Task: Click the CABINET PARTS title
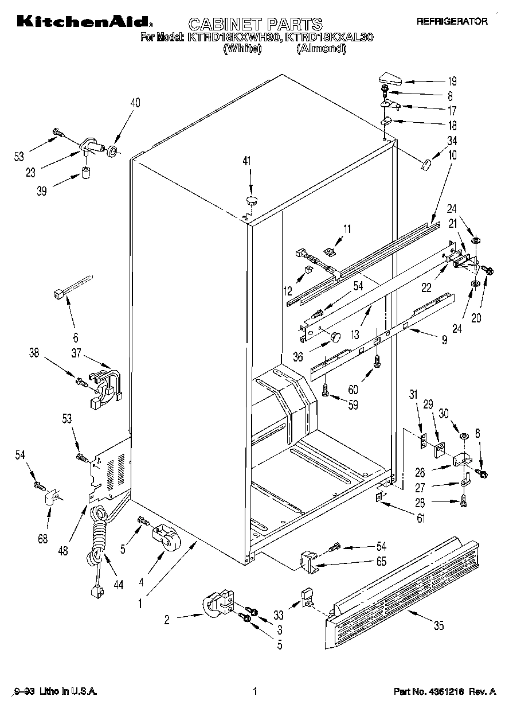tap(256, 24)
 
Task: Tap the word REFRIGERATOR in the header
tap(452, 22)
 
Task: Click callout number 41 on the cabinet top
tap(247, 162)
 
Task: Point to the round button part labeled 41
tap(252, 200)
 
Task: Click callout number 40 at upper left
tap(135, 103)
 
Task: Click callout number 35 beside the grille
tap(438, 626)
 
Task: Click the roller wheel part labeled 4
tap(165, 540)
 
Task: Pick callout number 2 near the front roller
tap(167, 619)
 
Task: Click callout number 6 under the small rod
tap(76, 337)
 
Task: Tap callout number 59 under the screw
tap(353, 404)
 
